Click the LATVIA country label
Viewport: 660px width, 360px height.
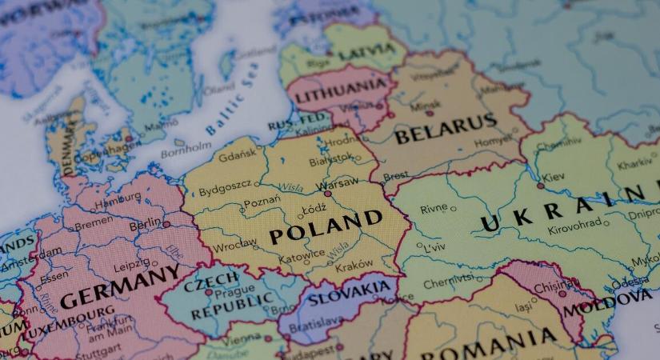(366, 52)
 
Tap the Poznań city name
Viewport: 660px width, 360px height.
(262, 201)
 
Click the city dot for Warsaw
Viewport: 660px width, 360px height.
(327, 194)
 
